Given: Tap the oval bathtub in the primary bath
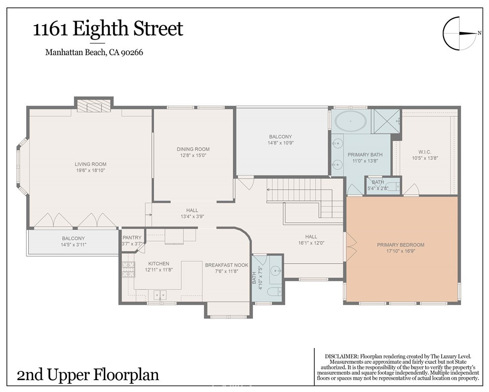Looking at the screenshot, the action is [351, 121].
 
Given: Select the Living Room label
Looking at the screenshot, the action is [90, 164].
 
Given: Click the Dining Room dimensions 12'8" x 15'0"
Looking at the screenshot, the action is [193, 155].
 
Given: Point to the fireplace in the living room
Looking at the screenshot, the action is [94, 106].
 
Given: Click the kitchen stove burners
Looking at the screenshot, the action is [128, 270].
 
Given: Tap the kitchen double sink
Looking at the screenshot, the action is [160, 294].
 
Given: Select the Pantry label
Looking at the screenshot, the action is [132, 238].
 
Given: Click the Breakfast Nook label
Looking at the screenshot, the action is [227, 265].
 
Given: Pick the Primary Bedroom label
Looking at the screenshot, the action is [401, 245].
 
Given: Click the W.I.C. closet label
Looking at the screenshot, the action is [425, 152].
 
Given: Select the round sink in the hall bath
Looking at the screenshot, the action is [275, 270].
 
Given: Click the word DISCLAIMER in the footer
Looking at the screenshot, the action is [341, 356].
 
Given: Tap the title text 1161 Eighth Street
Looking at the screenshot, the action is [108, 29].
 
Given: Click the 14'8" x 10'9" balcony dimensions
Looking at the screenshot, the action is [281, 143].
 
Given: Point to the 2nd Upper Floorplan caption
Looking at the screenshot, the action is [87, 375].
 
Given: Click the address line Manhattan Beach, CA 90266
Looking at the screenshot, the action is [94, 52].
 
